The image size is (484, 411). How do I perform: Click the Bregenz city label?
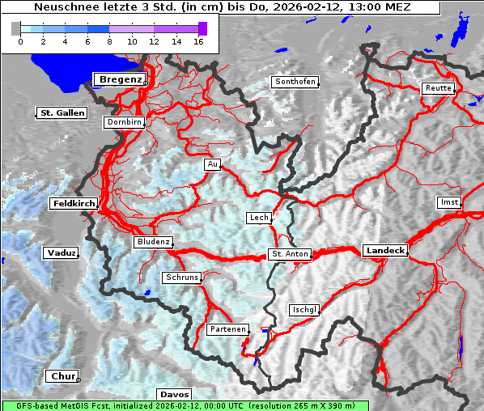[121, 79]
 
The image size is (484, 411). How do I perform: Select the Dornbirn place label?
[125, 123]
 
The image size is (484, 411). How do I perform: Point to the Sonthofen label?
[295, 82]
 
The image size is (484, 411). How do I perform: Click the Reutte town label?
[437, 88]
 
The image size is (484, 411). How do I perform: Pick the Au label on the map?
[212, 165]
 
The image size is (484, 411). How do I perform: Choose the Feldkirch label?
[74, 204]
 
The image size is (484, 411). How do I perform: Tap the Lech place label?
[258, 218]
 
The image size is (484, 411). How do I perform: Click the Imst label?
[448, 201]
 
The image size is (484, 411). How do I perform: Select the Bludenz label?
[153, 242]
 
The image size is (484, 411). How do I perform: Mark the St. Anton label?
[289, 254]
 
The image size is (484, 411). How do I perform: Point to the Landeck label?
[385, 251]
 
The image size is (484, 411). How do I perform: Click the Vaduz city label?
[62, 253]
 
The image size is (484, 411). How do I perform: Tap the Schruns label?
[181, 278]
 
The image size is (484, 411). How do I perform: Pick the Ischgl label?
[304, 310]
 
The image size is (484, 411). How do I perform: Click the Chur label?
[62, 376]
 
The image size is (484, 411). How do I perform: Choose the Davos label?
[174, 394]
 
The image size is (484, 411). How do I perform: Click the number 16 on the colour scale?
[197, 41]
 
